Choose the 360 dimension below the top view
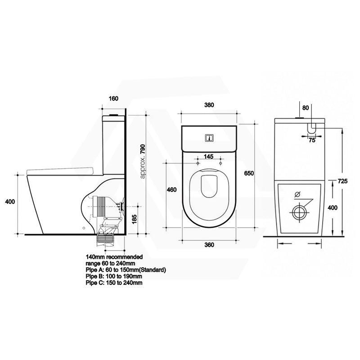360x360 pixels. (208, 244)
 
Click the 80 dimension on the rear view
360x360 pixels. (306, 108)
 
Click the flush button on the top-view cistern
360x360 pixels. (208, 138)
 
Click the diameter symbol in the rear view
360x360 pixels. (297, 195)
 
